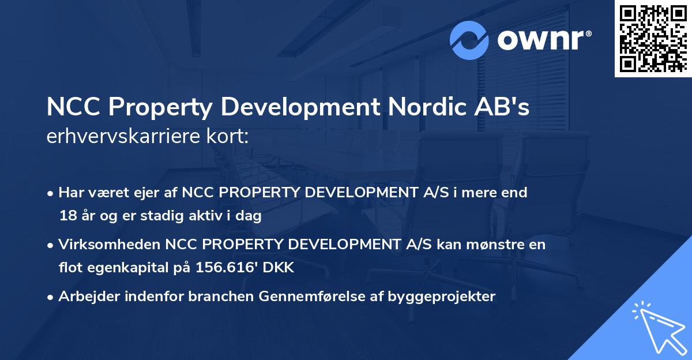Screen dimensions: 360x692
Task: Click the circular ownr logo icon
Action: (469, 40)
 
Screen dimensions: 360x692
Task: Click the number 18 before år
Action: (67, 216)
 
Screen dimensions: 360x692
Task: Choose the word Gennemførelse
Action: (307, 297)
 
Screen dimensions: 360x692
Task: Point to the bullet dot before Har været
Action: (51, 193)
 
